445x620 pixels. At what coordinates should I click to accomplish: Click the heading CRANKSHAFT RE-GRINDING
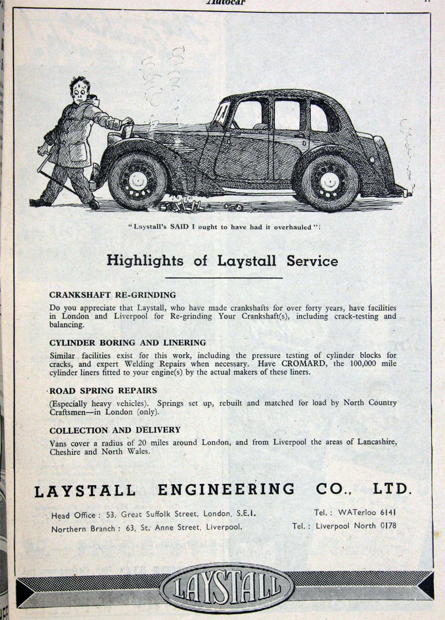coord(112,295)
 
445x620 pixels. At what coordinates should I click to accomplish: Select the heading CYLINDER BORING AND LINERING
coord(128,342)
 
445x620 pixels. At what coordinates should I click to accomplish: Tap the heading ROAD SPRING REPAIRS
coord(102,390)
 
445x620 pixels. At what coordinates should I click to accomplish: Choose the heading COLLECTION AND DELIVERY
coord(115,430)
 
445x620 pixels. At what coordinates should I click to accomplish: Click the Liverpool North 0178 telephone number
coord(356,526)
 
